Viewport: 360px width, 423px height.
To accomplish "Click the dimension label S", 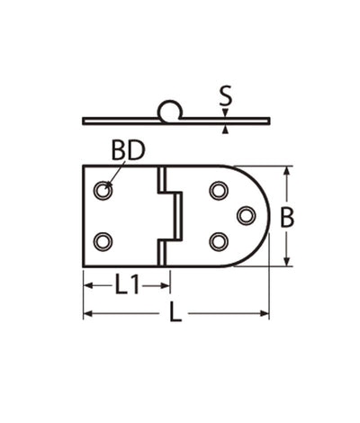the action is coord(226,95).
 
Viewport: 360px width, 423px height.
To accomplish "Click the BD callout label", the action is coord(128,150).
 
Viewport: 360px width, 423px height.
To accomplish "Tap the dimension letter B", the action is coord(287,218).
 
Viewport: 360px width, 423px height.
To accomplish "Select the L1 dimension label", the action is coord(127,285).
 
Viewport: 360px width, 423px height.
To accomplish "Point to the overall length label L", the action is coord(175,312).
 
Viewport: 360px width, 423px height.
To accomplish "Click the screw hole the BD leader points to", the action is coord(103,190).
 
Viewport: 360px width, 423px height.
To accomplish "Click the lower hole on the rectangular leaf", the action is coord(103,242).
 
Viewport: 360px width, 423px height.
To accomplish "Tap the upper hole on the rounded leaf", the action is coord(219,190).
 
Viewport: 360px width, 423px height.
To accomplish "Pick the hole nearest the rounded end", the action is coord(247,216).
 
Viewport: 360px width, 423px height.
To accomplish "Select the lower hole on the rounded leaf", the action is coord(219,242).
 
